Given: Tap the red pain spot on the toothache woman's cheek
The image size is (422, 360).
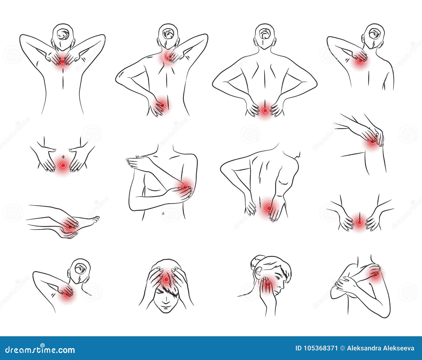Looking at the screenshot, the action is click(x=268, y=284).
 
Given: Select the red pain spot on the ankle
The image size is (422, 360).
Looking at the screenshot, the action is click(x=69, y=226).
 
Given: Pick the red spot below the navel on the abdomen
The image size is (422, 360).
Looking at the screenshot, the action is click(x=63, y=166).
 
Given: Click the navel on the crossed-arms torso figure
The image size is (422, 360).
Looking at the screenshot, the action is click(x=163, y=212).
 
